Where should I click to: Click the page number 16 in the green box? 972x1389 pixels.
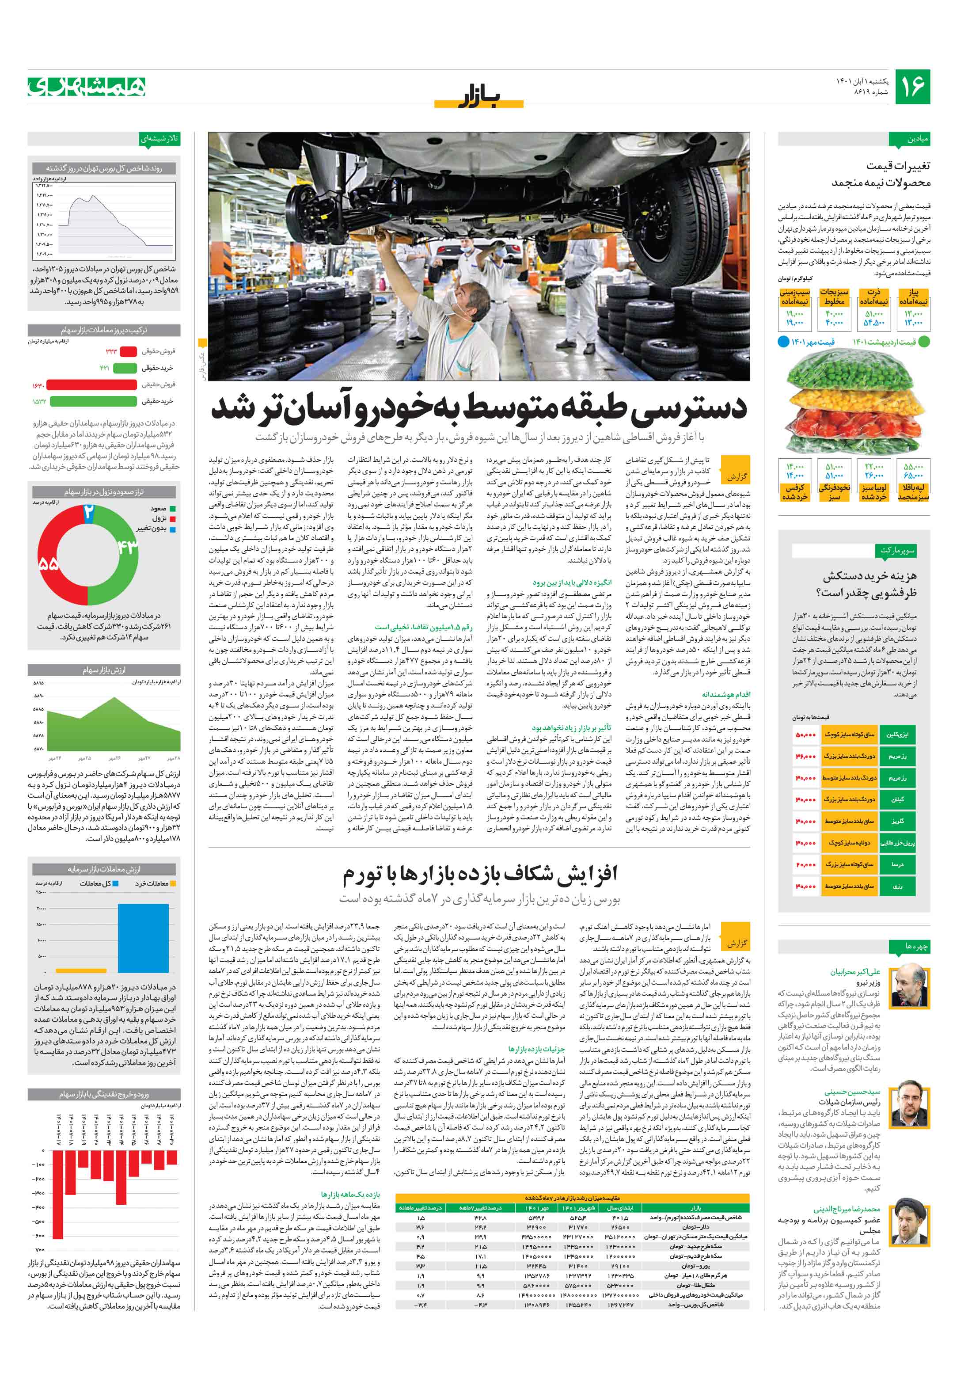(x=912, y=86)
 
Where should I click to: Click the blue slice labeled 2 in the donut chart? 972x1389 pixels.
(x=88, y=512)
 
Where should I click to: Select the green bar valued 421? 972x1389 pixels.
(x=125, y=368)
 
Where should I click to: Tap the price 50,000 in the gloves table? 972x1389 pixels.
(x=805, y=734)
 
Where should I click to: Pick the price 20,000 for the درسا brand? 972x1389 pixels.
(x=805, y=864)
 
